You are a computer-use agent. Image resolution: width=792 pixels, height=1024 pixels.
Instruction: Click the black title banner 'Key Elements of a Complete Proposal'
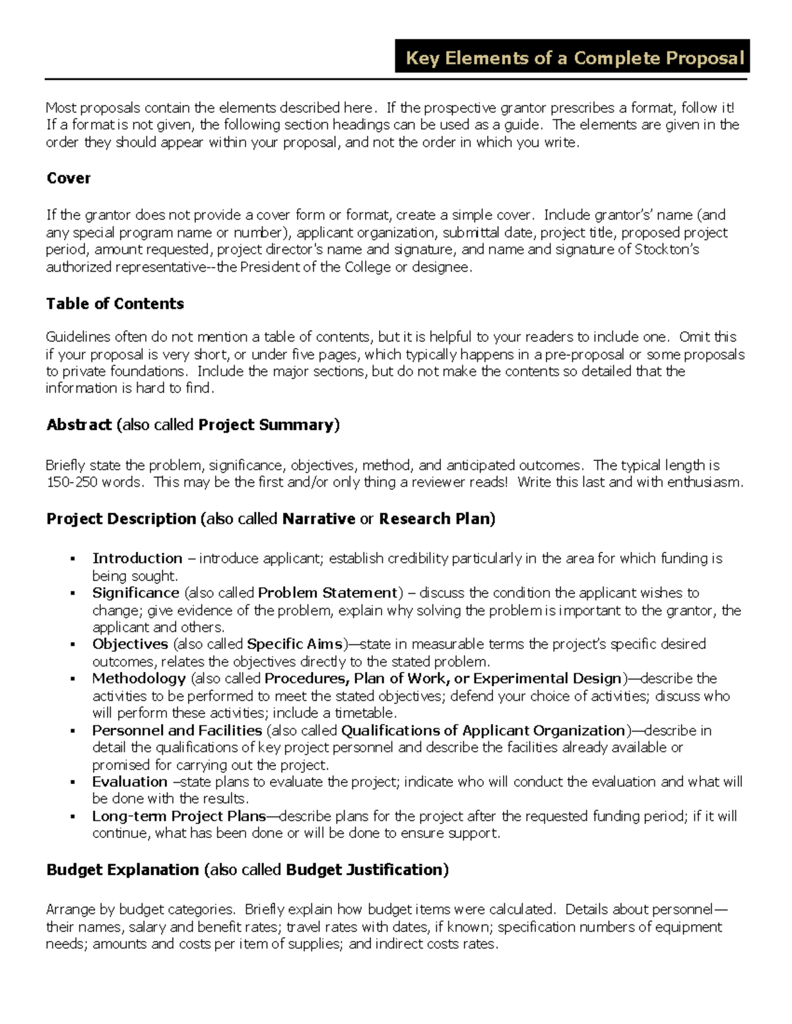(572, 58)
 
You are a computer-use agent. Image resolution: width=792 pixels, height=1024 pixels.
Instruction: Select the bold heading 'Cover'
(69, 178)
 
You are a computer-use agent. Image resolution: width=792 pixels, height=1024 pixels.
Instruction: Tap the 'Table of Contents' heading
(115, 303)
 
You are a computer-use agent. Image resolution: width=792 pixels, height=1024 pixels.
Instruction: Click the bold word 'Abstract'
(79, 425)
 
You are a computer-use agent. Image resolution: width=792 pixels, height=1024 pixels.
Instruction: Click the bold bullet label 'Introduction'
(137, 558)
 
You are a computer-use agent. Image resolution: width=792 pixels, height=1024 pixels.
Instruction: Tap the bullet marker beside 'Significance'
(73, 593)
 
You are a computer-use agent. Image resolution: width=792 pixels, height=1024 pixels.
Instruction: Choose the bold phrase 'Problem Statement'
(328, 593)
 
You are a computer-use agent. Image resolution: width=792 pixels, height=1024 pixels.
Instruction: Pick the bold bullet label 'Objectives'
(130, 644)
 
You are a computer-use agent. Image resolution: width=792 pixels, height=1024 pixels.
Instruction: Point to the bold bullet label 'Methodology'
(139, 678)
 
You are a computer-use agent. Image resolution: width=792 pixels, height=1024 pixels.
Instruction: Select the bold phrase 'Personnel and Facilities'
(177, 731)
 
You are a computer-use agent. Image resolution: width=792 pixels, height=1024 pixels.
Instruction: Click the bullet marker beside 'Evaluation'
(73, 782)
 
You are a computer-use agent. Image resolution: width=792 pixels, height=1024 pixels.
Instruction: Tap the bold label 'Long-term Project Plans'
(179, 816)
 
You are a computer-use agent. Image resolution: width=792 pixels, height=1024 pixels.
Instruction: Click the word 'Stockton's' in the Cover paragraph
(667, 249)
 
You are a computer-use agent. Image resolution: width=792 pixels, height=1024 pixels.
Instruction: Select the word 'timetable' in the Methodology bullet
(364, 713)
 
